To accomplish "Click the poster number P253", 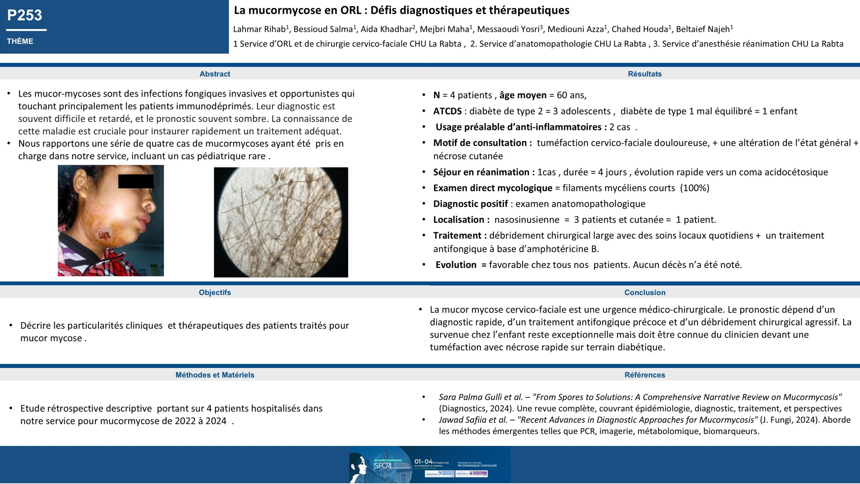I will coord(25,15).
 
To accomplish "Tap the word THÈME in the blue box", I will coord(20,41).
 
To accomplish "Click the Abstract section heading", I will coord(215,74).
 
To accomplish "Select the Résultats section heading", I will coord(645,74).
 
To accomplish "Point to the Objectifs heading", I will coord(215,292).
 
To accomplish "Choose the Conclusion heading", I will coord(645,292).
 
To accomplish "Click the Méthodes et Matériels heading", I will coord(215,375).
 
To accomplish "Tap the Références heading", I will coord(645,375).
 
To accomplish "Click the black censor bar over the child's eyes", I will coord(136,181).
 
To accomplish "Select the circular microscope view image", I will coord(281,222).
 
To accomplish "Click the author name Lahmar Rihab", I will coord(259,29).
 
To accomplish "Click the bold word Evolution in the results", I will coord(456,265).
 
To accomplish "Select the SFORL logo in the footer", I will coord(383,466).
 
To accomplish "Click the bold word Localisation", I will coord(459,220).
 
